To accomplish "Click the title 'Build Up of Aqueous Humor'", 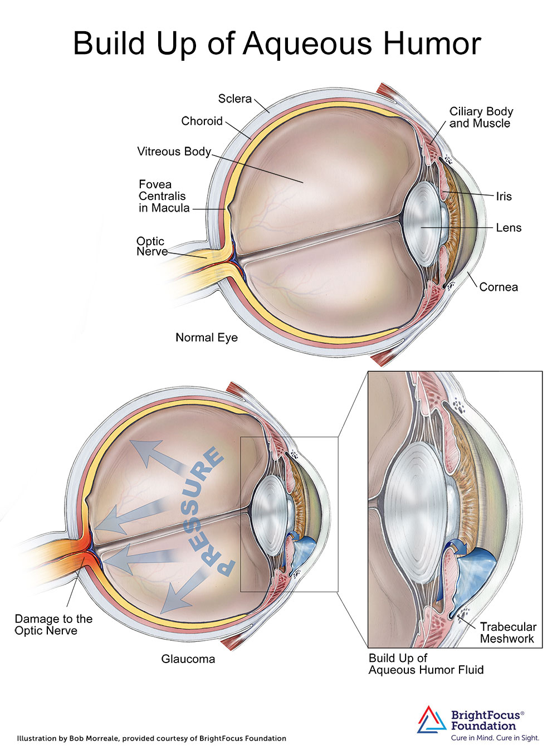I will point(277,43).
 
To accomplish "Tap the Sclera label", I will point(234,99).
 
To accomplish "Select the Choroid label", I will point(202,121).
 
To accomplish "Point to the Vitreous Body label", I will point(174,151).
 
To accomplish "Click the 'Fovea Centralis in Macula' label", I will point(163,196).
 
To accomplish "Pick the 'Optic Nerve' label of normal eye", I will point(151,246).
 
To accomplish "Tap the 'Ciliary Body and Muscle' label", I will point(481,117).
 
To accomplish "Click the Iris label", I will point(504,196).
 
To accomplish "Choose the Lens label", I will point(509,227).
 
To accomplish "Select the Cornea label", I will point(499,287).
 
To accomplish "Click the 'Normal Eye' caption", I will point(206,337).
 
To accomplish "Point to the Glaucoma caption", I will point(188,659).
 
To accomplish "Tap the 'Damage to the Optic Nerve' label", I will point(53,625).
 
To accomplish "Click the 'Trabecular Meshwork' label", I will point(507,632).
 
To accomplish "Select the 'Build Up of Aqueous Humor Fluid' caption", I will point(426,664).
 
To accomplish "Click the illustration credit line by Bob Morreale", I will point(152,738).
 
